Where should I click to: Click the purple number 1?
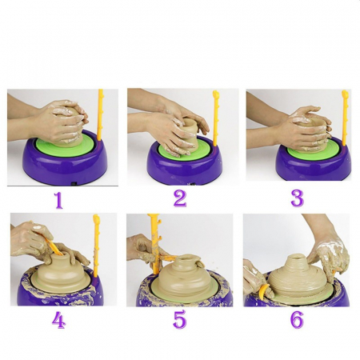coord(58,200)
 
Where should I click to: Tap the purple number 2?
coord(180,198)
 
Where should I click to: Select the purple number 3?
coord(297,198)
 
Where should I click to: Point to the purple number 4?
coord(58,319)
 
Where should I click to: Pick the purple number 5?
coord(179,319)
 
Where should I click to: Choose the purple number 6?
coord(297,319)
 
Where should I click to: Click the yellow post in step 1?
coord(100,115)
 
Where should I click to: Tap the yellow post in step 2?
coord(215,118)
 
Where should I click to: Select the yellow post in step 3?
coord(345,118)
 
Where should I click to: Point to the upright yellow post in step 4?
coord(96,246)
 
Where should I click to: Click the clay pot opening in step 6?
coord(296,257)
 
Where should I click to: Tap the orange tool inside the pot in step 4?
coord(54,246)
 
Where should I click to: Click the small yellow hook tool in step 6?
coord(262,291)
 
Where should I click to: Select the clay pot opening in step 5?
coord(186,258)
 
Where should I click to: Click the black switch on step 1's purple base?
coord(74,184)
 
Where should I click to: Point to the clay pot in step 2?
coord(190,135)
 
